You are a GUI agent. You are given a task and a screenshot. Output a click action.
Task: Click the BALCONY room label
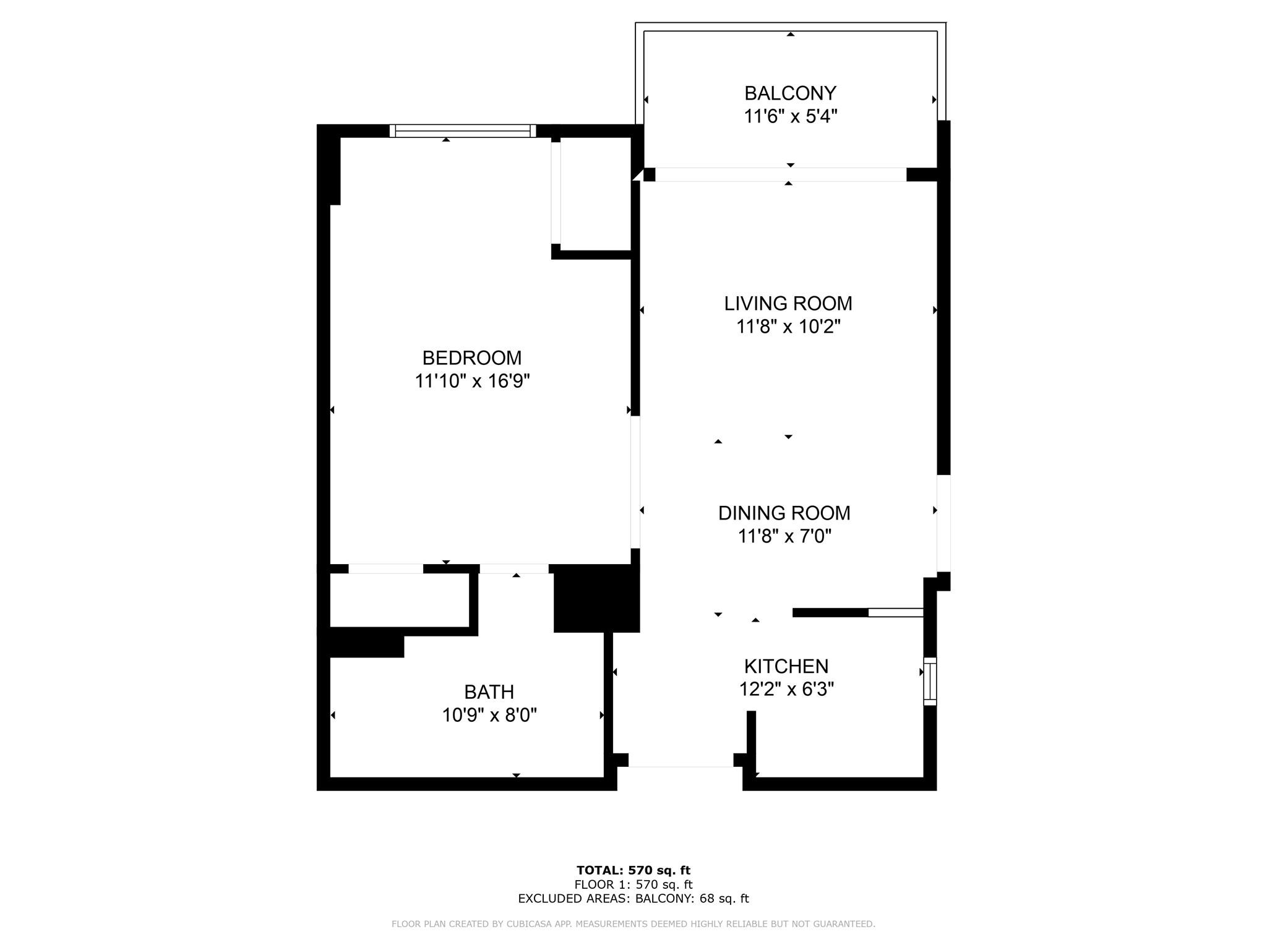click(x=790, y=93)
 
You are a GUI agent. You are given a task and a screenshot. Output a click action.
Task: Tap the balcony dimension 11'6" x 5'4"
click(x=790, y=116)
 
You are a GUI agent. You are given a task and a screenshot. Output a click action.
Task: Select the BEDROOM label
click(x=472, y=358)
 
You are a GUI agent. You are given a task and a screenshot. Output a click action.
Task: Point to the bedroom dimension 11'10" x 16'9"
click(x=472, y=381)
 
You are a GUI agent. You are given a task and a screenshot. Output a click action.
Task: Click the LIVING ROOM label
click(x=788, y=304)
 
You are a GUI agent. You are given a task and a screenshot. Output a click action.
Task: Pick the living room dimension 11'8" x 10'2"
click(x=788, y=327)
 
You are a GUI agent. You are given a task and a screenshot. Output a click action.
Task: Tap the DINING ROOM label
click(x=784, y=513)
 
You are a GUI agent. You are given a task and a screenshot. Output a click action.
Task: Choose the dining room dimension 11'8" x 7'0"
click(x=784, y=536)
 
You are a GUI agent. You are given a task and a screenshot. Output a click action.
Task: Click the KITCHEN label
click(x=786, y=666)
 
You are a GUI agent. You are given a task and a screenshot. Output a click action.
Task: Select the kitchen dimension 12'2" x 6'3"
click(x=786, y=689)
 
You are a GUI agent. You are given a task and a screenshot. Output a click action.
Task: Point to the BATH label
click(x=489, y=692)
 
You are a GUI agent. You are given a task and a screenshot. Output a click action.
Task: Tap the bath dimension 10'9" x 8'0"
click(x=489, y=716)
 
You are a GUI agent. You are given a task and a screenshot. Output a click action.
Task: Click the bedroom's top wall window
click(x=463, y=131)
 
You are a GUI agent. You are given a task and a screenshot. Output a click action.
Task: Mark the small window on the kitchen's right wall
click(x=930, y=681)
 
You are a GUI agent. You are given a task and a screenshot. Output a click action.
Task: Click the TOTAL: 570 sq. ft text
click(x=633, y=871)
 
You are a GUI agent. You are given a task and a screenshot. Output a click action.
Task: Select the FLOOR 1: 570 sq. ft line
click(x=633, y=885)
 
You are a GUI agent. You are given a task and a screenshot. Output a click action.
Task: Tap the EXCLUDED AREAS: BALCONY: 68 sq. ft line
click(x=633, y=899)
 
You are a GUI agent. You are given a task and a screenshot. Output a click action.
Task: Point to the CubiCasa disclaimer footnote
click(x=633, y=924)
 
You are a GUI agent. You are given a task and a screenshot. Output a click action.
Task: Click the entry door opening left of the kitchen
click(x=681, y=767)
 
